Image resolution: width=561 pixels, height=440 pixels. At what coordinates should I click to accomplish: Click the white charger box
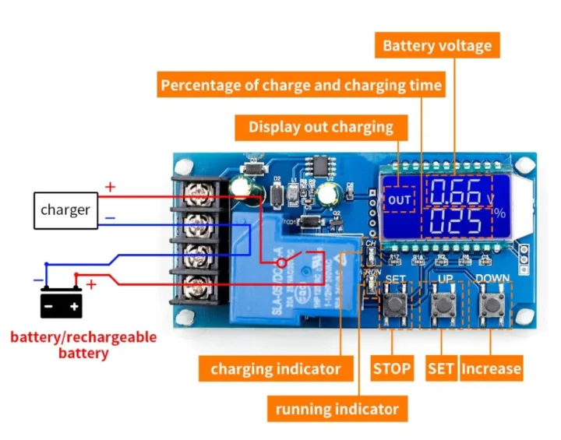click(x=65, y=209)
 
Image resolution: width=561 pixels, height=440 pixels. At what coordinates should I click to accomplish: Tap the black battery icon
click(x=62, y=304)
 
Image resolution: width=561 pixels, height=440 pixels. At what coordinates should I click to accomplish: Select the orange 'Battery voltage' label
click(x=437, y=45)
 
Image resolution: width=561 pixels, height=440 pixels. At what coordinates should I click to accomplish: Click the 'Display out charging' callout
click(x=321, y=127)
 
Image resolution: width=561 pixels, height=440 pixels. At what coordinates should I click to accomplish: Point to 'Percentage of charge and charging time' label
click(x=302, y=84)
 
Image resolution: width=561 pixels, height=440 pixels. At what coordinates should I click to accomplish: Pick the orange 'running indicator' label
click(x=337, y=408)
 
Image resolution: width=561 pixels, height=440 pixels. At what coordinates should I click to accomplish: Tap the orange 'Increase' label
click(x=491, y=368)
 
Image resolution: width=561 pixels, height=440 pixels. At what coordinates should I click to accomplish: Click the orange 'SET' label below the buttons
click(x=440, y=368)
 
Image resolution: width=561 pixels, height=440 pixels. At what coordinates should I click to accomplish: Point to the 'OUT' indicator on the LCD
click(x=400, y=200)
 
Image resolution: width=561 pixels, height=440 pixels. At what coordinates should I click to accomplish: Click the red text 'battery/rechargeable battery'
click(x=83, y=345)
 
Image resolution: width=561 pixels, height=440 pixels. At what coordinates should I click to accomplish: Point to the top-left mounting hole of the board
click(x=185, y=166)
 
